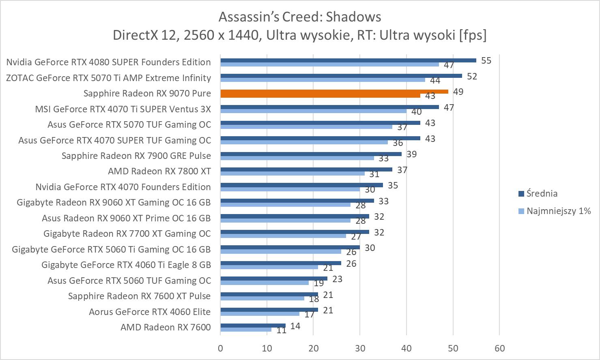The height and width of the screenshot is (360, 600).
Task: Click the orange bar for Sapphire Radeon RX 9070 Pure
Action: tap(333, 92)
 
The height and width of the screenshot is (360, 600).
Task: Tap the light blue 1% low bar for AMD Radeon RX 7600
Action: tap(246, 330)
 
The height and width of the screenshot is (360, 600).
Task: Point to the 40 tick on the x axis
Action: tap(406, 348)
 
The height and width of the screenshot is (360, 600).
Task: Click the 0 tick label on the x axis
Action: tap(220, 348)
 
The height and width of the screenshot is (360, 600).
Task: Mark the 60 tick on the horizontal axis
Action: tap(499, 348)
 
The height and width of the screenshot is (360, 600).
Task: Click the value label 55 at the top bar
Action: tap(486, 61)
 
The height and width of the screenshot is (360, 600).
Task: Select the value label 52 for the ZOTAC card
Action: tap(472, 76)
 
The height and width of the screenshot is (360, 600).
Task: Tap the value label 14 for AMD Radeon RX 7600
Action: tap(295, 326)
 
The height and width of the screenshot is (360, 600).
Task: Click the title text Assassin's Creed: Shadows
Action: tap(300, 17)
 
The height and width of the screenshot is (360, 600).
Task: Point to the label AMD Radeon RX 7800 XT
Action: tap(159, 171)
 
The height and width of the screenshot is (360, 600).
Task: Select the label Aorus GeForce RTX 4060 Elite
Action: tap(150, 312)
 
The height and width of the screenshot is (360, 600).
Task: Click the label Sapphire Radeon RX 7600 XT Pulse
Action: tap(139, 296)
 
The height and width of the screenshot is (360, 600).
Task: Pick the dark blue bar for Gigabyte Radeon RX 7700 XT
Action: tap(295, 232)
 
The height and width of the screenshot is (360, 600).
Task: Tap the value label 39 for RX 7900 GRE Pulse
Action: tap(411, 154)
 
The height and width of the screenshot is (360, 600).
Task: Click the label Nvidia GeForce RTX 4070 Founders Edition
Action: tap(123, 187)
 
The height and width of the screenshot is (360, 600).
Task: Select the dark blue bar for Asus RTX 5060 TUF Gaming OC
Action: tap(274, 279)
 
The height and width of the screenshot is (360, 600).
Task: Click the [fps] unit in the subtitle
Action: tap(473, 35)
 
